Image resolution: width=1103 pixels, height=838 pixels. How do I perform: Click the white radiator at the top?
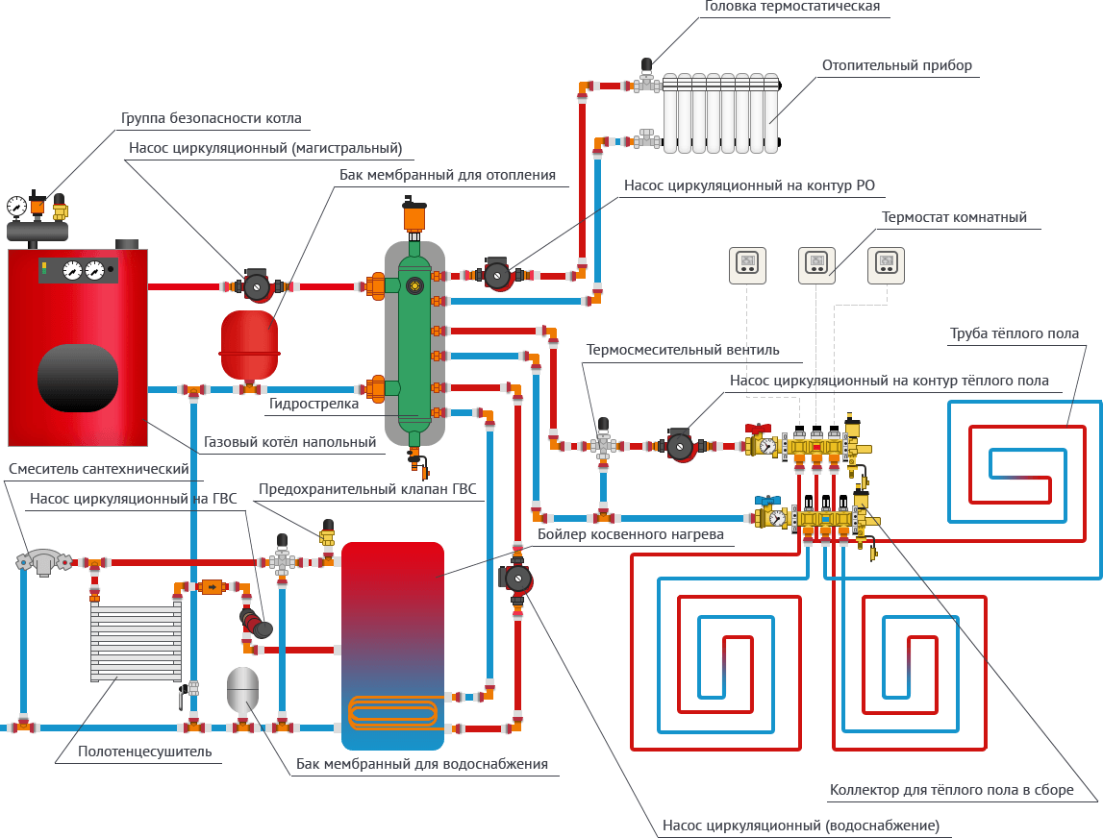(722, 112)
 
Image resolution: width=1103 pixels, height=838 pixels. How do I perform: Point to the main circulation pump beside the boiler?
(257, 285)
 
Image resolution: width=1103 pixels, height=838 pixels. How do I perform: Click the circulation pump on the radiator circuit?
(496, 276)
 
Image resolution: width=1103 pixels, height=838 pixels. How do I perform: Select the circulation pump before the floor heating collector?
(680, 446)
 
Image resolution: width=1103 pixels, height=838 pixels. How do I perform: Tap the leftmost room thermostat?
(748, 264)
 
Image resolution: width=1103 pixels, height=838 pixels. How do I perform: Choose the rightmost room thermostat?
(886, 264)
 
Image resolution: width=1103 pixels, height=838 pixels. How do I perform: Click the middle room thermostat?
(816, 264)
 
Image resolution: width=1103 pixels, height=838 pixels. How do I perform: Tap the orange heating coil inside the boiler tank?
(392, 711)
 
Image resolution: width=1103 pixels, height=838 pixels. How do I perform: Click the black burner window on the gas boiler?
(78, 376)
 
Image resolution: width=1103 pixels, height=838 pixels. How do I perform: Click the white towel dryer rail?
(136, 639)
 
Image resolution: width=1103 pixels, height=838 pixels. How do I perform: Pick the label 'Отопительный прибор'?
(896, 65)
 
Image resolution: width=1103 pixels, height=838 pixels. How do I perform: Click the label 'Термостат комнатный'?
(954, 217)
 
